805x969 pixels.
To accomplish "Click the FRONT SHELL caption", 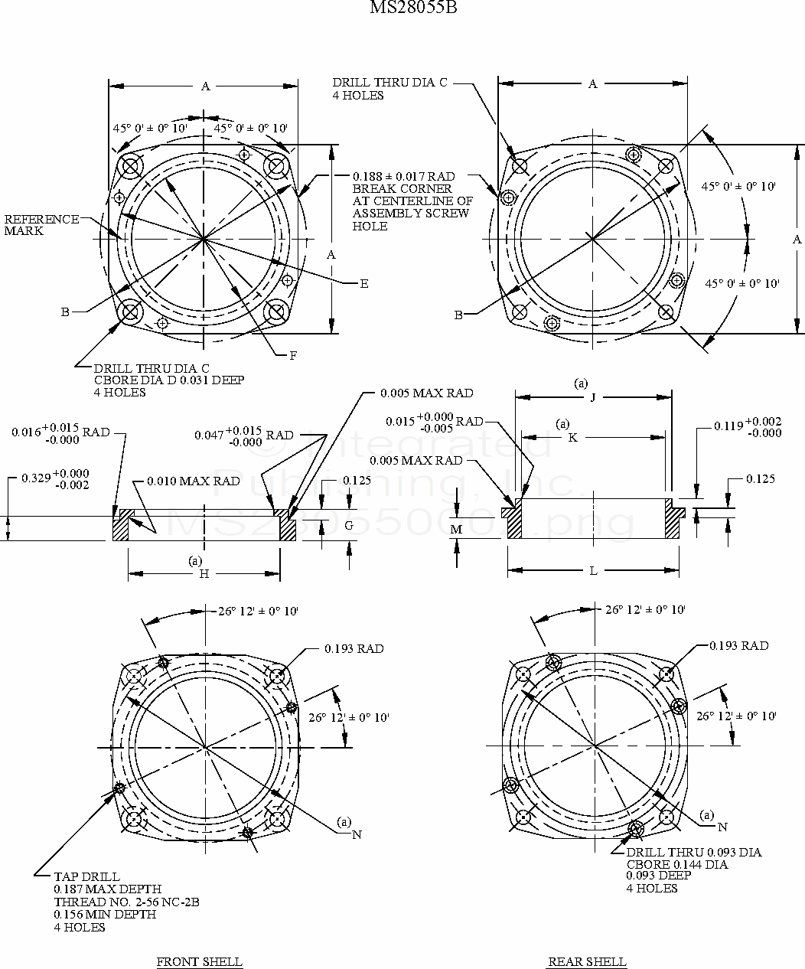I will click(199, 961).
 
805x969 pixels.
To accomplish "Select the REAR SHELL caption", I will click(587, 961).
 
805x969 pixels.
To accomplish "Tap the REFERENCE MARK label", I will click(41, 225).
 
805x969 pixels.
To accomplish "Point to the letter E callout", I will click(364, 284).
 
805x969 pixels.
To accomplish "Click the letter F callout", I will click(293, 355).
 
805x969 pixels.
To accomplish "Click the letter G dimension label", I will click(349, 526).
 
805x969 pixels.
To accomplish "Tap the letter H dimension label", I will click(204, 574).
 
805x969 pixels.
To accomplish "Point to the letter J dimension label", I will click(593, 397).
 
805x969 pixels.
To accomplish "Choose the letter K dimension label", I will click(572, 438).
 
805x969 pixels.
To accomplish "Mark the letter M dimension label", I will click(457, 530).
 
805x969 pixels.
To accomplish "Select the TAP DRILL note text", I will click(87, 876).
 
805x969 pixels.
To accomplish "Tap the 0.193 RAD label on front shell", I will click(354, 649).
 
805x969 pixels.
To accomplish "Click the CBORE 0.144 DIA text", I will click(676, 864).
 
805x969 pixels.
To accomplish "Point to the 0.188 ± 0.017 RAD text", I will click(404, 176).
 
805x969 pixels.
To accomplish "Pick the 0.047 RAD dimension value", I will click(208, 436).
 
